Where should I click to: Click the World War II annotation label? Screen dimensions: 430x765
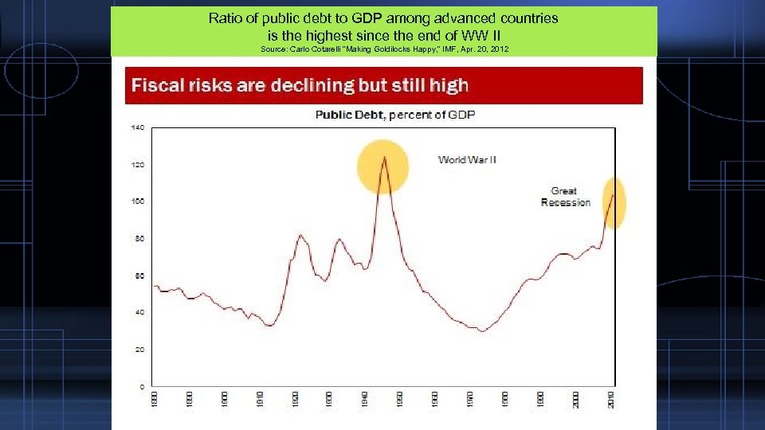coord(467,160)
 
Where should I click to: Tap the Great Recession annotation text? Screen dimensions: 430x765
coord(565,197)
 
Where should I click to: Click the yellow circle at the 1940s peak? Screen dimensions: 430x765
coord(382,166)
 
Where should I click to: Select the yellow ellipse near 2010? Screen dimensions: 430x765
coord(614,202)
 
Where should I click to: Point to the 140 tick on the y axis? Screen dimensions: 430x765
coord(137,127)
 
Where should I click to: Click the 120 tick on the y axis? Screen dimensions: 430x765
coord(137,165)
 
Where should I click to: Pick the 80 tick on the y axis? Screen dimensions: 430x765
coord(138,239)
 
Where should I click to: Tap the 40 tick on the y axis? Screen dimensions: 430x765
coord(138,313)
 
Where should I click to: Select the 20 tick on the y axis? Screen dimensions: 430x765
coord(138,350)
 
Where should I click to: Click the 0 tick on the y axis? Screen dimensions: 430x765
coord(141,387)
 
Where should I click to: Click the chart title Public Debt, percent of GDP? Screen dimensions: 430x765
coord(395,115)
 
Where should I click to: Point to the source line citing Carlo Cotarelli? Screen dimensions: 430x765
coord(384,50)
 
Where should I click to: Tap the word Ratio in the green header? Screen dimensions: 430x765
coord(226,18)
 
